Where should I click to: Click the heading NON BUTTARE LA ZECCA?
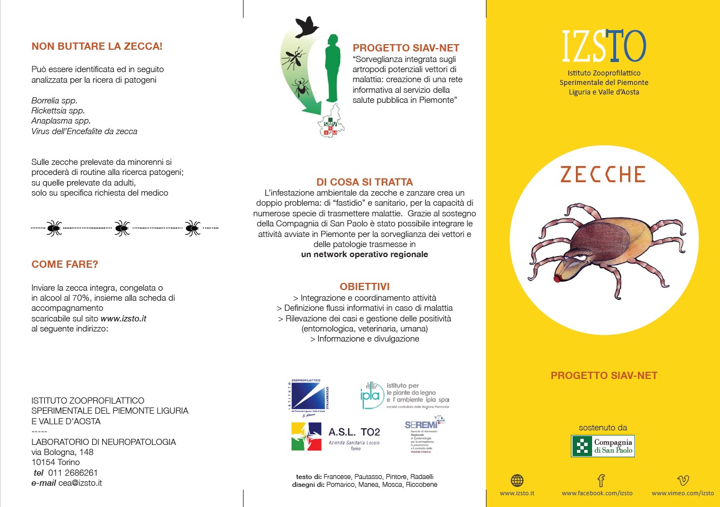(97, 46)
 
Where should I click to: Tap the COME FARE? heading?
(65, 264)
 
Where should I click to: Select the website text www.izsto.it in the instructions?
(123, 318)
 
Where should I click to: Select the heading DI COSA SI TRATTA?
(364, 182)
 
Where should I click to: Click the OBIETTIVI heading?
(364, 287)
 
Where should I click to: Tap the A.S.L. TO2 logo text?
(354, 432)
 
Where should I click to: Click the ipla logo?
(372, 395)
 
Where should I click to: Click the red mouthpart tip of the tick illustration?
(557, 277)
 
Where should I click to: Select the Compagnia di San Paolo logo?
(603, 446)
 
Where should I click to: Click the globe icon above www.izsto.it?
(517, 480)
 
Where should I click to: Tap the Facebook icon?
(601, 480)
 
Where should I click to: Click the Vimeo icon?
(683, 480)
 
